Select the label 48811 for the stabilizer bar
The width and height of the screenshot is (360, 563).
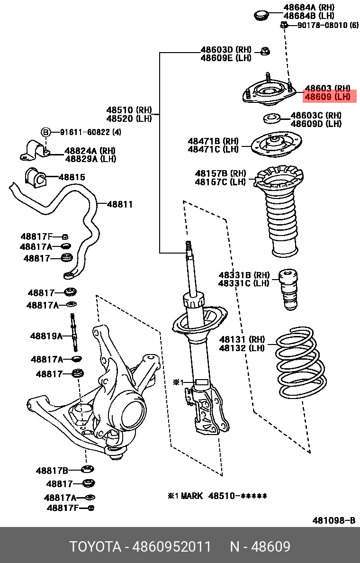[x=119, y=205]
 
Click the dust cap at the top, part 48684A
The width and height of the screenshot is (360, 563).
[x=261, y=15]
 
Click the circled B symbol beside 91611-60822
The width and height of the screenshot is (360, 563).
[x=45, y=132]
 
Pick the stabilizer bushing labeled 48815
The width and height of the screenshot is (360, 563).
[x=36, y=177]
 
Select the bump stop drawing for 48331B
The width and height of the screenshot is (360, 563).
[x=288, y=289]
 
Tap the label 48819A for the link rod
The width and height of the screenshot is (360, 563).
[x=46, y=336]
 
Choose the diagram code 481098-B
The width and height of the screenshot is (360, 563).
[x=333, y=521]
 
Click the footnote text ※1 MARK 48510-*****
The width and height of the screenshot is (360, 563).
[x=217, y=496]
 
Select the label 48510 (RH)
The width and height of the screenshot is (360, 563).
[x=129, y=110]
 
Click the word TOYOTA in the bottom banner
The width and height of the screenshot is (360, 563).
[x=95, y=547]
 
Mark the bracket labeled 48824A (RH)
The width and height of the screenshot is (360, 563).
[x=34, y=150]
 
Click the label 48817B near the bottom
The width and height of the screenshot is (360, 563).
[x=52, y=471]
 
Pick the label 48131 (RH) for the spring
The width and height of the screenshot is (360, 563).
[x=242, y=339]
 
